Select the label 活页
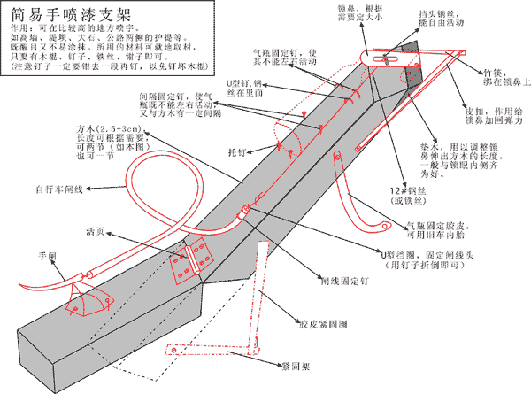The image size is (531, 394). (x=96, y=232)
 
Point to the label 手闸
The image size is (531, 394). (x=48, y=255)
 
